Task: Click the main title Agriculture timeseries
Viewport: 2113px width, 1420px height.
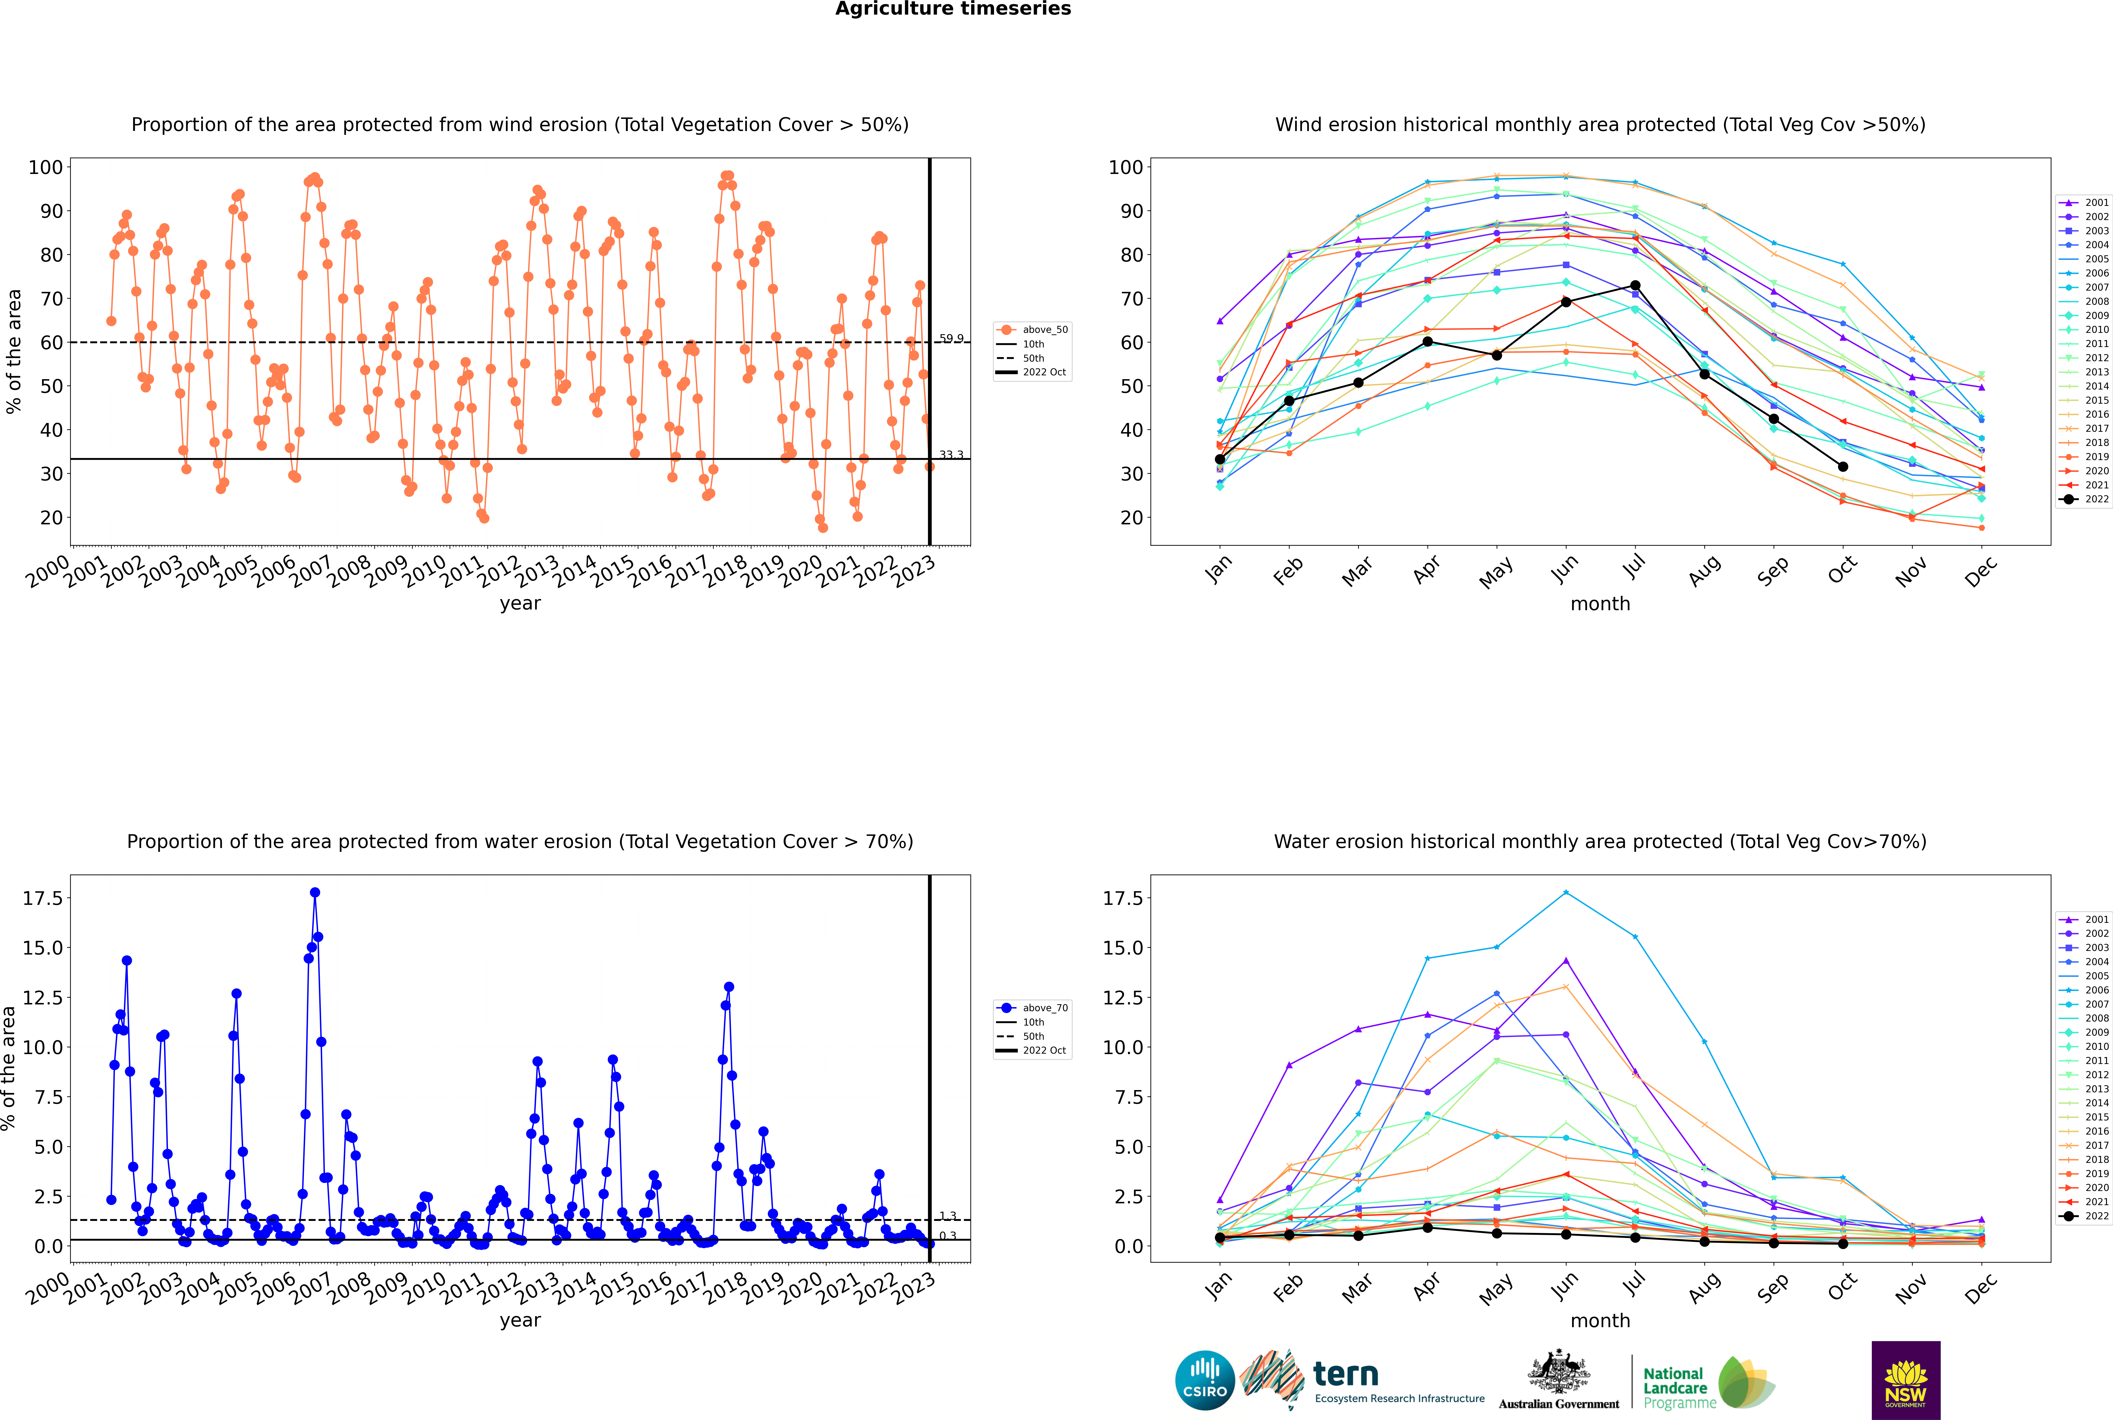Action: (953, 9)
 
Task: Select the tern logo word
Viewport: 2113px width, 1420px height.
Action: (1346, 1375)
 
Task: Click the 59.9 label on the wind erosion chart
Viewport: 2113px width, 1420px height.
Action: (951, 339)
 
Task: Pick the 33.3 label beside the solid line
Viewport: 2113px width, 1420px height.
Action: (951, 455)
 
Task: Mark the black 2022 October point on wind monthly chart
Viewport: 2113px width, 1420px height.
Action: (1842, 466)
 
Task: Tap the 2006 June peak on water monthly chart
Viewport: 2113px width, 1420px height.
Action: (1566, 893)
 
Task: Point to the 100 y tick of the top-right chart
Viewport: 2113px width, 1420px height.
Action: (1126, 167)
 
